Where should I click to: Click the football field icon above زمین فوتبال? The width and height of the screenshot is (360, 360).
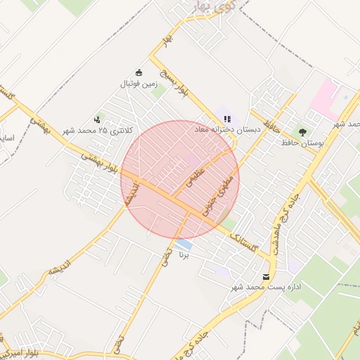[139, 72]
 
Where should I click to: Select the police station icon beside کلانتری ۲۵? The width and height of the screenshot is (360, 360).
[96, 120]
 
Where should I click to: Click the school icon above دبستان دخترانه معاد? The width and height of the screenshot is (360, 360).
[227, 118]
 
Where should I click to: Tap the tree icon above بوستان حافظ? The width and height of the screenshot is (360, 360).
[302, 131]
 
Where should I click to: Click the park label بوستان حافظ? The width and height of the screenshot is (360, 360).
[302, 143]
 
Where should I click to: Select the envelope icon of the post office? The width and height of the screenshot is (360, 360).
[266, 276]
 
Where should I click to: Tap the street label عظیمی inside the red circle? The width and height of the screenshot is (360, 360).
[193, 176]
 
